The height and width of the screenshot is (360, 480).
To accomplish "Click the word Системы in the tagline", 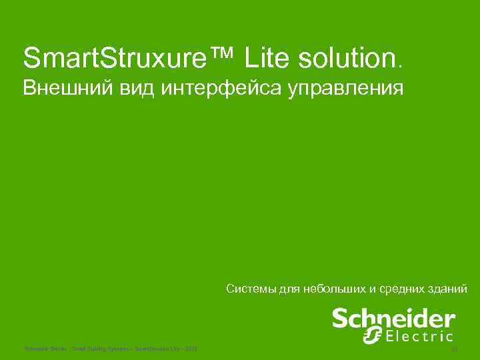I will (x=249, y=289).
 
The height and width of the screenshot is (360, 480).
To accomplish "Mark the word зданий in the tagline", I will (x=449, y=289).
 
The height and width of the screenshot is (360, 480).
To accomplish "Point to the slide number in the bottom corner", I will (x=455, y=348).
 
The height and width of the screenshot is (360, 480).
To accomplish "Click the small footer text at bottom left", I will (x=110, y=348).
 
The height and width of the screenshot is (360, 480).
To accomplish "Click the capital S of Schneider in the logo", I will (x=341, y=318).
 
